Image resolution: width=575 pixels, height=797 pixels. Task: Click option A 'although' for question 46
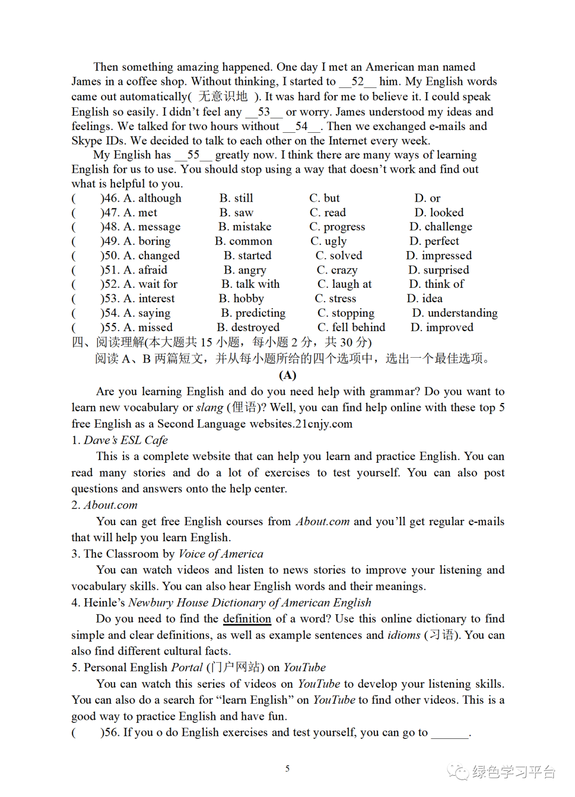pyautogui.click(x=153, y=198)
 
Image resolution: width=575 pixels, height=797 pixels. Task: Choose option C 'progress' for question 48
pyautogui.click(x=337, y=227)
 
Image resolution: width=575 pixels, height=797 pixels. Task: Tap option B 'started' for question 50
pyautogui.click(x=248, y=256)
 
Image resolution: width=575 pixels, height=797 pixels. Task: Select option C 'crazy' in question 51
pyautogui.click(x=337, y=270)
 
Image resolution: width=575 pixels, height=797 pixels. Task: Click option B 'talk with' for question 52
pyautogui.click(x=250, y=284)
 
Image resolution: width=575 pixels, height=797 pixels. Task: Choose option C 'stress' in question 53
pyautogui.click(x=335, y=299)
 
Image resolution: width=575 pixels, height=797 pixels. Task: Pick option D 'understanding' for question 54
pyautogui.click(x=455, y=313)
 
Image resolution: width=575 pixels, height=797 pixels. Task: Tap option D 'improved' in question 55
pyautogui.click(x=442, y=327)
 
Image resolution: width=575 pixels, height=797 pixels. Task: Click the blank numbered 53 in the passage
pyautogui.click(x=264, y=112)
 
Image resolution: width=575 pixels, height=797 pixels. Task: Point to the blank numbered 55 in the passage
pyautogui.click(x=193, y=155)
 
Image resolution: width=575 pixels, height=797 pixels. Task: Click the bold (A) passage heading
pyautogui.click(x=287, y=375)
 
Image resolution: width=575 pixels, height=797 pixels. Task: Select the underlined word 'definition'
pyautogui.click(x=247, y=619)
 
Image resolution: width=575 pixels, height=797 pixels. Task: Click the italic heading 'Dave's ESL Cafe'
pyautogui.click(x=126, y=440)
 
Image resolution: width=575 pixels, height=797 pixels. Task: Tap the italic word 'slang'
pyautogui.click(x=209, y=408)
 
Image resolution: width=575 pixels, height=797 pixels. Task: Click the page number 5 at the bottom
pyautogui.click(x=287, y=769)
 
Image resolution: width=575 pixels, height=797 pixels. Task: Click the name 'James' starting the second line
pyautogui.click(x=86, y=82)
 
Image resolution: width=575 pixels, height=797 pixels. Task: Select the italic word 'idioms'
pyautogui.click(x=404, y=635)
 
